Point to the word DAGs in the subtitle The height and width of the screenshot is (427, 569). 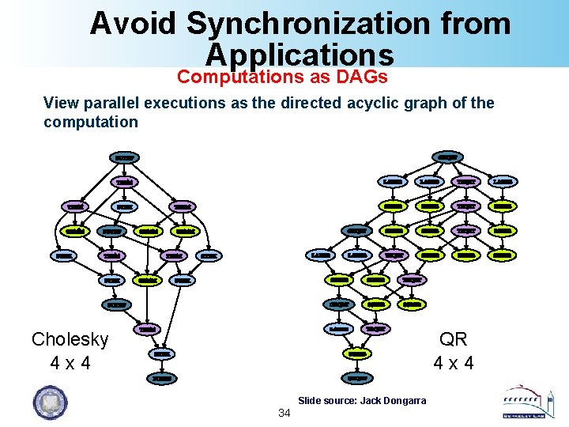point(363,77)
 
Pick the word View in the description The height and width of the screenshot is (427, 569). point(61,103)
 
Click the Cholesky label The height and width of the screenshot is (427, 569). point(70,339)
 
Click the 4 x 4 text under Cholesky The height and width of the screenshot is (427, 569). point(70,364)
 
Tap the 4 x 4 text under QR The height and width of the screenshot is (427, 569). point(454,364)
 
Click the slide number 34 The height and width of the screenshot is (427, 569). point(284,414)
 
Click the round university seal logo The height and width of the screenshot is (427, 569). point(50,401)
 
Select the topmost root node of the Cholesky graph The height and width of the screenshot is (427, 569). point(125,157)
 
